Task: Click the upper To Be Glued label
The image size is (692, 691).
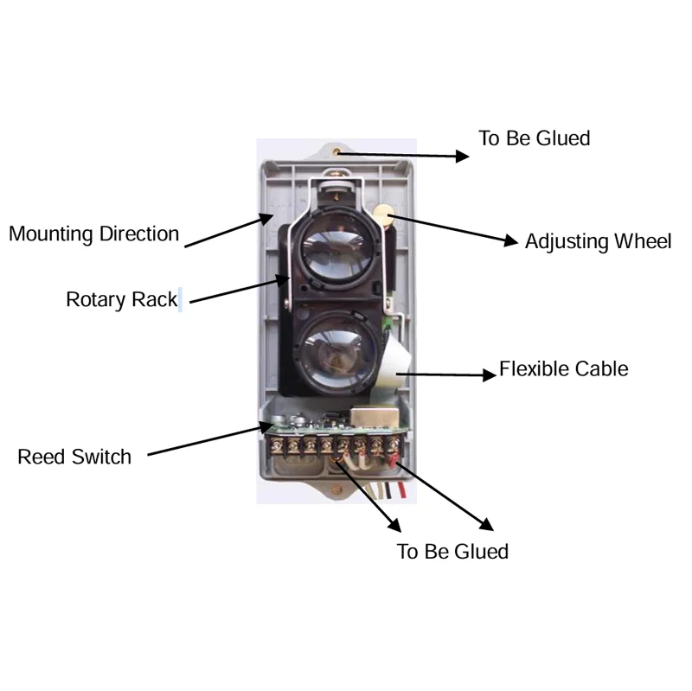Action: (x=534, y=138)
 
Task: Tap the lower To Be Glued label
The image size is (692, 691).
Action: (x=452, y=552)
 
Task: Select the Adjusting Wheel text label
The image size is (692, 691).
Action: (x=598, y=241)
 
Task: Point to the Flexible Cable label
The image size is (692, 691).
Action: (x=563, y=369)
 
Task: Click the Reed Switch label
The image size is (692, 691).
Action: (x=74, y=457)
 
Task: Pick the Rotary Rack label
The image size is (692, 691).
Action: (x=121, y=300)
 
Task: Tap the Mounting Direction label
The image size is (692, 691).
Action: (x=93, y=234)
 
